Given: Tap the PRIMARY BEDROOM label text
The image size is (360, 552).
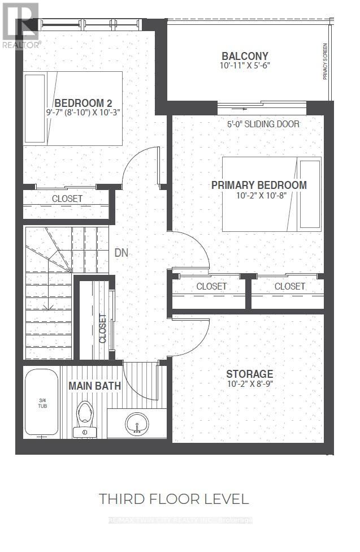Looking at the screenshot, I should [259, 185].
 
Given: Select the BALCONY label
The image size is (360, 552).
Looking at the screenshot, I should [245, 56].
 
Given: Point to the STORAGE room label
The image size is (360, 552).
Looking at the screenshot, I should [249, 374].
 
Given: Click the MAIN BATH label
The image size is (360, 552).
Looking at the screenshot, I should [94, 386].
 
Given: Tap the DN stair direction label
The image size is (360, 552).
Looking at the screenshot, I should [122, 253].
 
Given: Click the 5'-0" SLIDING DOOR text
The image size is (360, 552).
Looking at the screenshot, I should [263, 124].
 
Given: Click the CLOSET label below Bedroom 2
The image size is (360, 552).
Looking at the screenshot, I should [67, 199].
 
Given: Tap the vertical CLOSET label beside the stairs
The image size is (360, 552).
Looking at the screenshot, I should [103, 329].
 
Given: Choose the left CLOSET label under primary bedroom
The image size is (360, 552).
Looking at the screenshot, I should [211, 287].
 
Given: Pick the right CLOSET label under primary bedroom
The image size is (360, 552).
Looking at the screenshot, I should [289, 287].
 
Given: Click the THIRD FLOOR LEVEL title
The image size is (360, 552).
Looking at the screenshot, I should [174, 499].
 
